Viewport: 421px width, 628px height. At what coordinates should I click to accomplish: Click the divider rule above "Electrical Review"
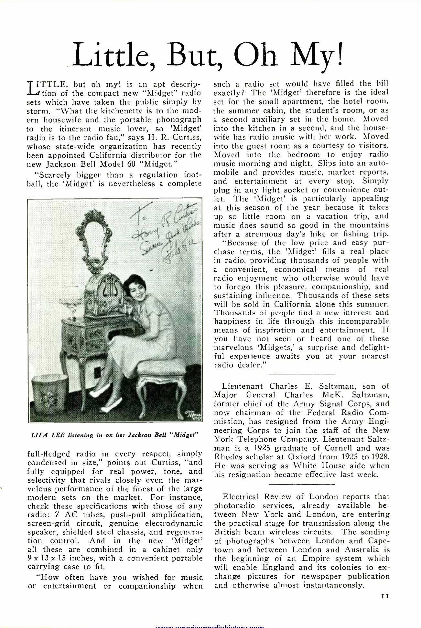(x=301, y=484)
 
